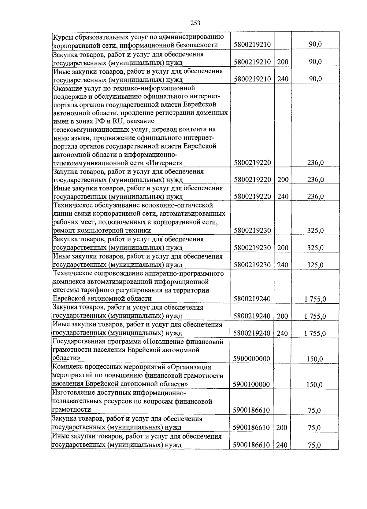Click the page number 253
pos(195,23)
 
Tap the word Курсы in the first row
pos(63,37)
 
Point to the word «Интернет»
pos(163,163)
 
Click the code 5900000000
pos(251,359)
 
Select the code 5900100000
pos(251,384)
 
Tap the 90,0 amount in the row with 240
pos(315,79)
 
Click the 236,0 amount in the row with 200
pos(315,179)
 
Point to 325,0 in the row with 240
pos(315,265)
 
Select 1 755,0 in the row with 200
pos(315,316)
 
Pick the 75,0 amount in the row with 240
pos(314,445)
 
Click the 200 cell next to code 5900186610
pos(282,427)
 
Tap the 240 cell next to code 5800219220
pos(283,196)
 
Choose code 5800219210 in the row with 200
pos(252,62)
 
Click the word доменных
pos(214,113)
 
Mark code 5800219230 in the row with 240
pos(252,265)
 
